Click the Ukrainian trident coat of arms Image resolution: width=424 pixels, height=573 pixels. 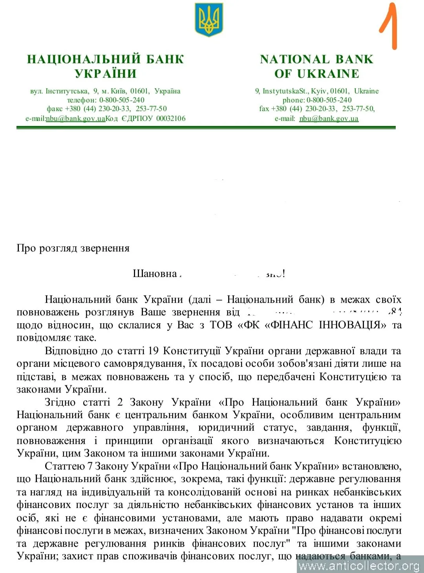[x=209, y=19]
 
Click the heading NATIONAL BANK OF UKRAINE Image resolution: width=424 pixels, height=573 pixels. [x=316, y=66]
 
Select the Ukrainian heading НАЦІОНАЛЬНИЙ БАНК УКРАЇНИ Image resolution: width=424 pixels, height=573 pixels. [x=105, y=66]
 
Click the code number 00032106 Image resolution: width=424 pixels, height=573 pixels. [x=171, y=118]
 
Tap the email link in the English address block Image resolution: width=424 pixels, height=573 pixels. [x=329, y=118]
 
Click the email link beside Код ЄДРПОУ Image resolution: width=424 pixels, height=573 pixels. [x=75, y=118]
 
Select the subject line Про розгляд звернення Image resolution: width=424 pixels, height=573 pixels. [x=73, y=248]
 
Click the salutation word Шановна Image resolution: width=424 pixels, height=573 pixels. [x=155, y=273]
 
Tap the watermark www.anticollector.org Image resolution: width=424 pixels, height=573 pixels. [x=359, y=566]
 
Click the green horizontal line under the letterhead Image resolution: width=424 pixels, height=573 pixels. [x=206, y=127]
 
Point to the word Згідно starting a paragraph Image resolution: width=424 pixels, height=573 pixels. [x=60, y=402]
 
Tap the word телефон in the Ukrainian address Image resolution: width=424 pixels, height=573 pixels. [x=81, y=100]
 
